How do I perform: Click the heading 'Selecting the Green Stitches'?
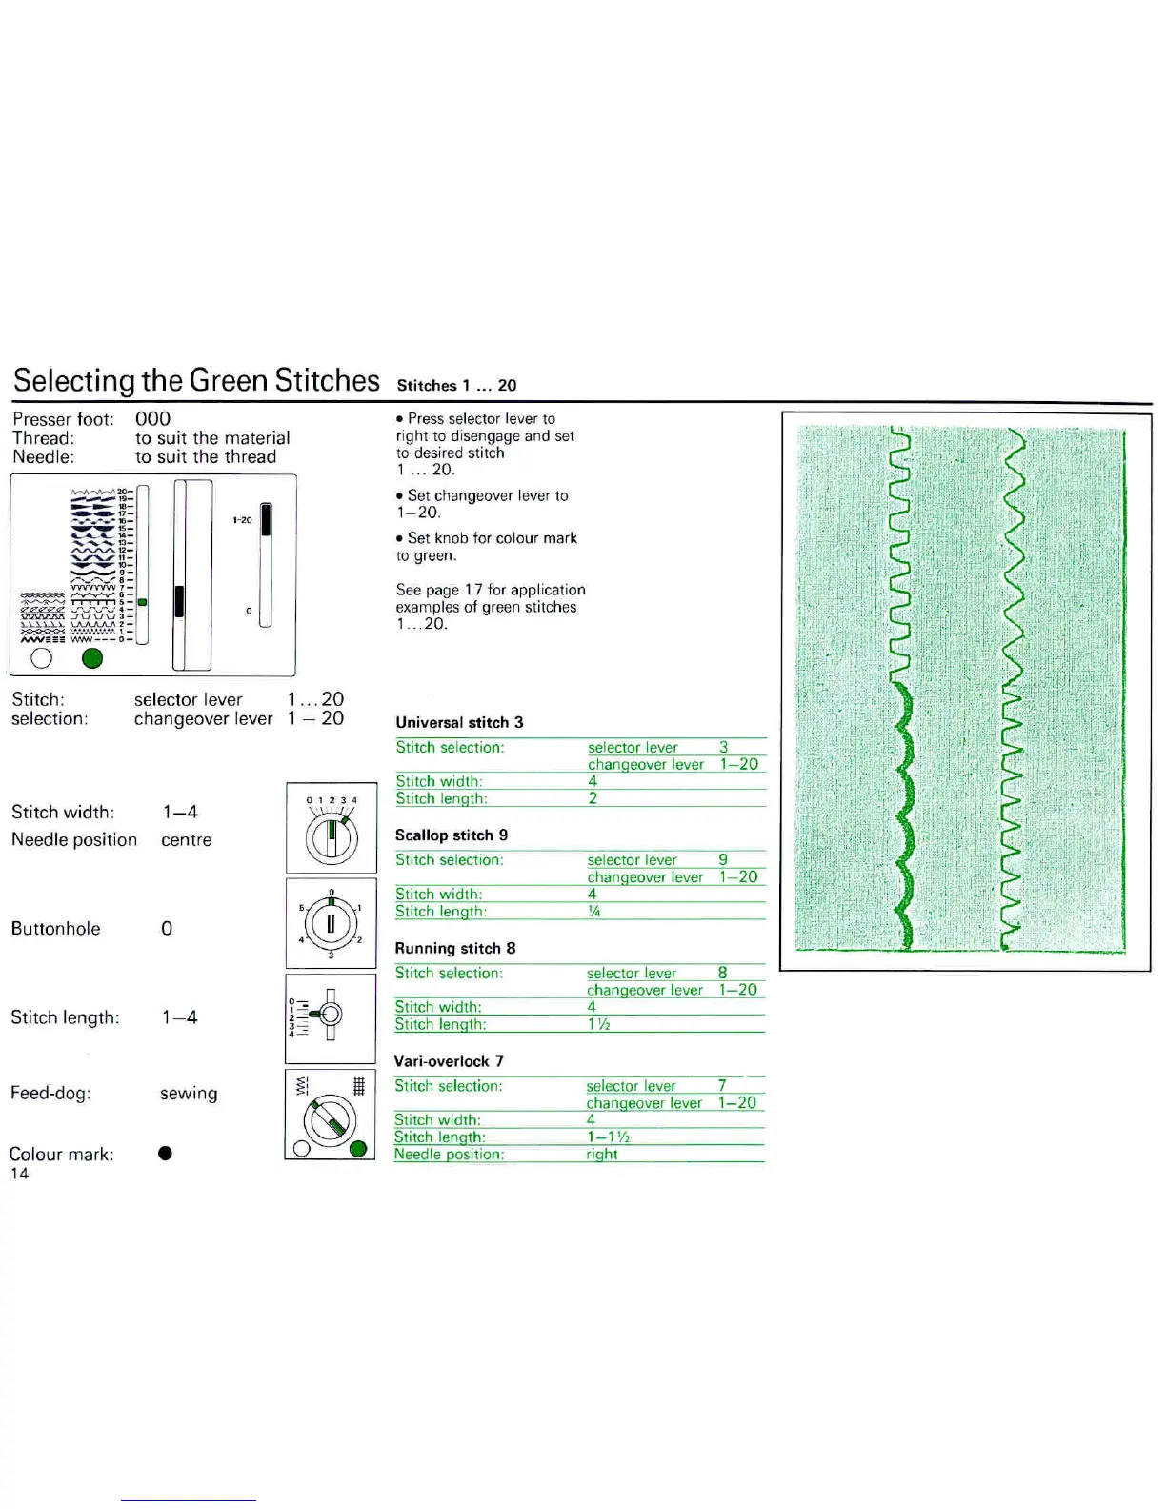196,380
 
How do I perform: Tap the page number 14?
20,1174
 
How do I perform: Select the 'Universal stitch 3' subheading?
459,722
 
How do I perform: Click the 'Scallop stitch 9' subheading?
452,835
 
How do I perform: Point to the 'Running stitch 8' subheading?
455,948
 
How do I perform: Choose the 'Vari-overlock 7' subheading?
449,1060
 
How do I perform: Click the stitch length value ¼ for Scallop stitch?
593,912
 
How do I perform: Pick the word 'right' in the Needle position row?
602,1154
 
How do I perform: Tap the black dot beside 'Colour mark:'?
165,1154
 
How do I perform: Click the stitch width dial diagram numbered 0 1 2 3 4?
331,827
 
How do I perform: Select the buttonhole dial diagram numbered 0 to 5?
331,923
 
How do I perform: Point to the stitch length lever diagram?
330,1016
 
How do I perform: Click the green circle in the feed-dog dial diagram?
358,1148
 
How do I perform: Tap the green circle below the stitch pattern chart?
92,658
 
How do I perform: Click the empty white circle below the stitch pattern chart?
41,658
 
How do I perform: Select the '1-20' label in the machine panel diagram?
242,520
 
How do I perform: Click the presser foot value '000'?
152,419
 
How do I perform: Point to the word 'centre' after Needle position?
187,840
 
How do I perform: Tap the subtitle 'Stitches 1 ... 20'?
456,385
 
